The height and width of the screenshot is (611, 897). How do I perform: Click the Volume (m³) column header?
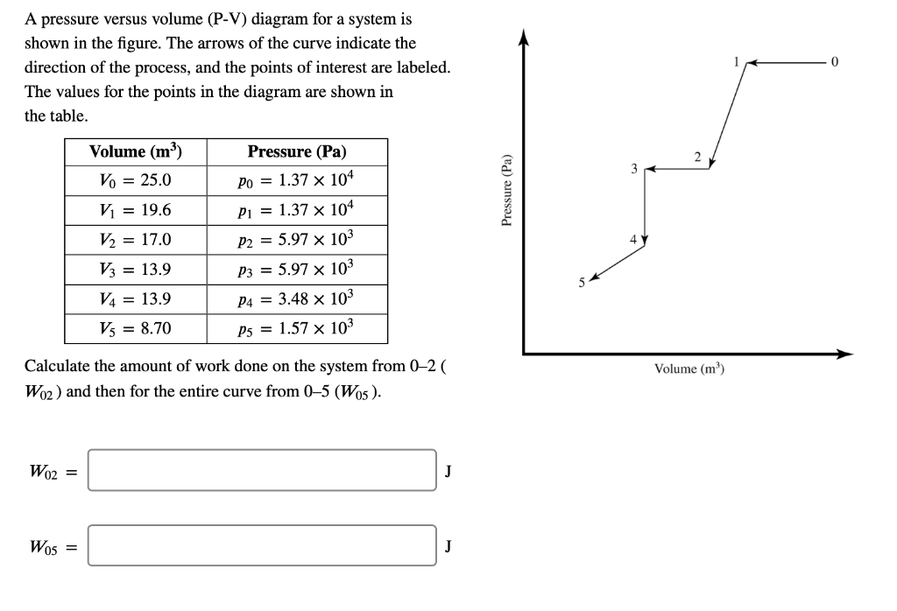coord(135,151)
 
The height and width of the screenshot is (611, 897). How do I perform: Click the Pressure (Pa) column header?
coord(296,151)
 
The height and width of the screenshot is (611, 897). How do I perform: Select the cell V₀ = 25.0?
coord(135,181)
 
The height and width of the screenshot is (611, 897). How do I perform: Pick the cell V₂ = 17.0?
coord(135,239)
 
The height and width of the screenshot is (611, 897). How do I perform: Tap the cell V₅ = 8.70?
coord(135,328)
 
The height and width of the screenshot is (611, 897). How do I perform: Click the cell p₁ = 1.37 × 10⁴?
coord(296,210)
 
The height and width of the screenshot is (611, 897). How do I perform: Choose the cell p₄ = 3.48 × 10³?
coord(296,298)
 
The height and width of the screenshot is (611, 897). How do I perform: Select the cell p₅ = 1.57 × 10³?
coord(296,328)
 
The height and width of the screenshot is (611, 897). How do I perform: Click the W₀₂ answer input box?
coord(262,472)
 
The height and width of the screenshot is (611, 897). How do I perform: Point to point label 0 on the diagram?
coord(836,62)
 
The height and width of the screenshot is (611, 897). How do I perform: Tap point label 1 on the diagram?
coord(737,60)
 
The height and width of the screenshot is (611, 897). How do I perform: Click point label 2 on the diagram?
coord(697,158)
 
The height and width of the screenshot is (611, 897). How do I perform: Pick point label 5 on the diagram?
coord(580,282)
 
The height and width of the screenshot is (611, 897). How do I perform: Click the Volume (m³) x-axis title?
coord(688,369)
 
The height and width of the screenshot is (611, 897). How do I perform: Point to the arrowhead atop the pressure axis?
coord(524,37)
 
